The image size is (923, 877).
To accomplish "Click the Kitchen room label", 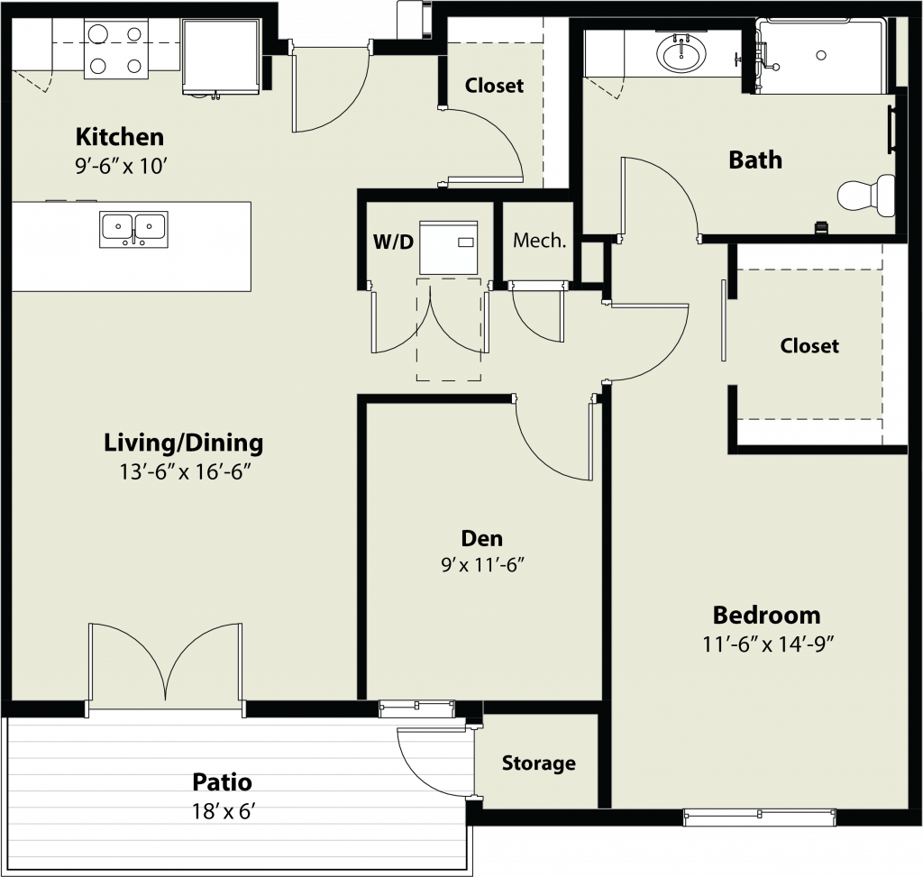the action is click(x=120, y=137).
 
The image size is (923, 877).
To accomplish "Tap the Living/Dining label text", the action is click(x=183, y=443).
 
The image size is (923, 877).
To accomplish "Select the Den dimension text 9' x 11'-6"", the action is click(x=482, y=565).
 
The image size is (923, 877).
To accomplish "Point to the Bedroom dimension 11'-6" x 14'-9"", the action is click(x=768, y=644).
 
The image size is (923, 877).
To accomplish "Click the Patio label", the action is click(x=222, y=782).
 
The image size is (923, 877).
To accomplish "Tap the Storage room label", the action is click(x=539, y=763).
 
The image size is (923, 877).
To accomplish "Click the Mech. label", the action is click(x=539, y=240).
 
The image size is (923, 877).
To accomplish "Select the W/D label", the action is click(x=393, y=242).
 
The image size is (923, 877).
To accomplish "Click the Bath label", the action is click(x=755, y=160).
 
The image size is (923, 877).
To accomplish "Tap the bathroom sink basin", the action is click(x=681, y=54).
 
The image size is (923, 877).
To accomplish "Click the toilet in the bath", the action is click(x=866, y=194).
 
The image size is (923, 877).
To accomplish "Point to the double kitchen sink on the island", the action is click(x=133, y=229).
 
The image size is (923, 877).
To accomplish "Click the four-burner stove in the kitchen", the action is click(x=116, y=49).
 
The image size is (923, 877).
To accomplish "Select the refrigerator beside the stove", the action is click(x=220, y=57).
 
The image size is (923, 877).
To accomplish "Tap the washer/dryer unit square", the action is click(x=448, y=248).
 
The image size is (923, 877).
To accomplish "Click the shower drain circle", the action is click(x=820, y=55).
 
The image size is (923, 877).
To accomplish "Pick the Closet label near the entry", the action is click(x=494, y=86).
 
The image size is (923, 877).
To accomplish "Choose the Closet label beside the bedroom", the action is click(x=809, y=346).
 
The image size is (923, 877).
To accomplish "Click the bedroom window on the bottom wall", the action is click(x=759, y=816).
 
